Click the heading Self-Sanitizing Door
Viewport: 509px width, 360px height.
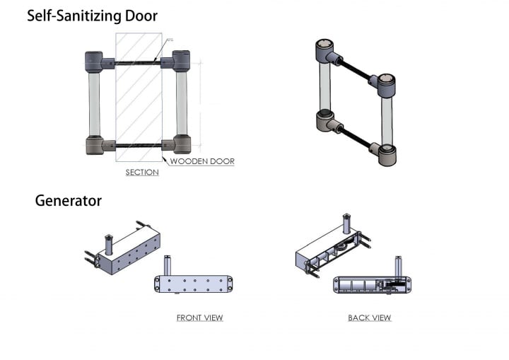point(92,16)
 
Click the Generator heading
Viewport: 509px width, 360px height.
point(68,200)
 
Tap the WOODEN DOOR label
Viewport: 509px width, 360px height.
point(202,161)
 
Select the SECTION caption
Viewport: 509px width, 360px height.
point(142,172)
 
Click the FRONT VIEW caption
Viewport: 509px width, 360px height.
point(199,318)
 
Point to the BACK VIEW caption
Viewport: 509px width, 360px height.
point(370,318)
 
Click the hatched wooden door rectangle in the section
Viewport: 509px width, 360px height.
point(139,97)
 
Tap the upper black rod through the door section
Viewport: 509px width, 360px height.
point(138,63)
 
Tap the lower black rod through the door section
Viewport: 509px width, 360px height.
point(139,146)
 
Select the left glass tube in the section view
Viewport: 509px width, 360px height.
point(94,104)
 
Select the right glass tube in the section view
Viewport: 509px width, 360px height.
point(182,103)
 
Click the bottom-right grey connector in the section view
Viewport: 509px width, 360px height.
point(176,144)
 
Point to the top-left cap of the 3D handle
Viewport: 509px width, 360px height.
point(324,51)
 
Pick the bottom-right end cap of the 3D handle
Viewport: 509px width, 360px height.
point(387,156)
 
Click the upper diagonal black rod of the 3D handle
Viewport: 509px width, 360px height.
point(354,69)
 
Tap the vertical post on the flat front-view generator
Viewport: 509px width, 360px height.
point(168,266)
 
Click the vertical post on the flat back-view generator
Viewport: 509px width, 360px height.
point(398,267)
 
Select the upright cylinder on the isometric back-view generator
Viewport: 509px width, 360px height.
point(346,224)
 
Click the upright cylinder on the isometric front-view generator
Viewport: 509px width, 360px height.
point(109,245)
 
